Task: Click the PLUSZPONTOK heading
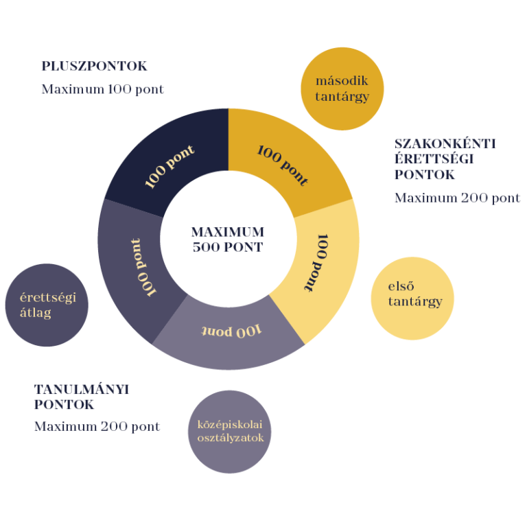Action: click(x=94, y=67)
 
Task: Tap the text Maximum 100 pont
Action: click(x=102, y=89)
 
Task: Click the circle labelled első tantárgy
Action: click(x=412, y=298)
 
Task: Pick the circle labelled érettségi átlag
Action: click(x=46, y=305)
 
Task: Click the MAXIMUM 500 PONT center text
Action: click(x=227, y=239)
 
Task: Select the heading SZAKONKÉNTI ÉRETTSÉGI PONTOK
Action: click(x=445, y=159)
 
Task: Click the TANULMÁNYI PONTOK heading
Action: click(x=82, y=397)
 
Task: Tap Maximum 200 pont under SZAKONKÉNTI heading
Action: click(x=457, y=198)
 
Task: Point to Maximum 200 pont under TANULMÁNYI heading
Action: click(x=97, y=426)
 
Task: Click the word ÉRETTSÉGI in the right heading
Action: click(x=434, y=159)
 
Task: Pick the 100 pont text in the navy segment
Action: click(x=169, y=166)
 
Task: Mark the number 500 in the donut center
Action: click(x=208, y=247)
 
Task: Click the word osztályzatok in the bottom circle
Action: click(x=230, y=438)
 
